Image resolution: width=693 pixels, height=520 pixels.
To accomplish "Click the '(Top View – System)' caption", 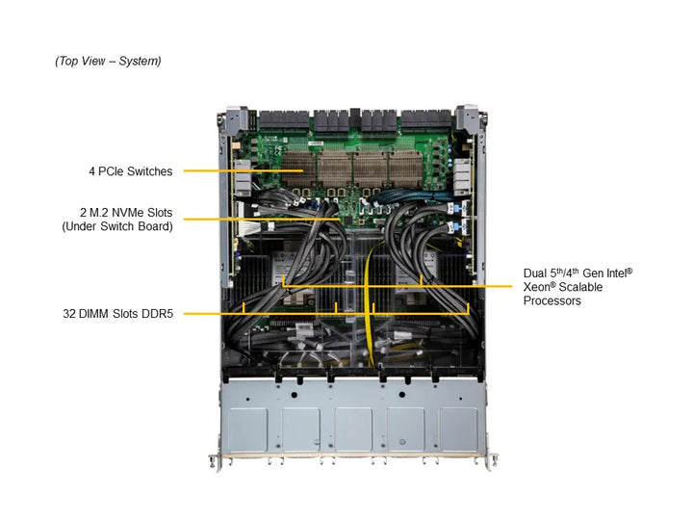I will click(x=108, y=62).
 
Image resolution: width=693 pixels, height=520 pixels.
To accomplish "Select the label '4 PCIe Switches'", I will click(x=130, y=171).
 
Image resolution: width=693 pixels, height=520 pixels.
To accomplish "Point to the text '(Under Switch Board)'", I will click(x=117, y=226).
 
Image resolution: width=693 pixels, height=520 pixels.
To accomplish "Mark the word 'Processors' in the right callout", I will click(x=552, y=301).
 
